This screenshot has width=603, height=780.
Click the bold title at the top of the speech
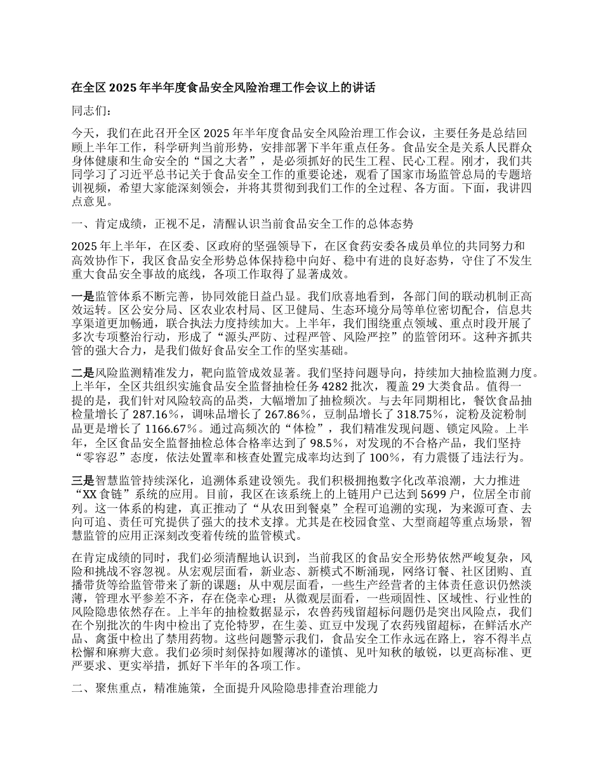[223, 88]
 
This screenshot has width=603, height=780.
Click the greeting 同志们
[93, 111]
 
